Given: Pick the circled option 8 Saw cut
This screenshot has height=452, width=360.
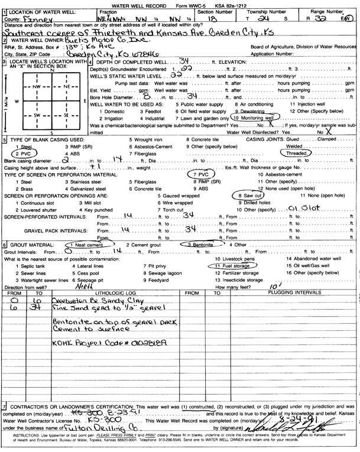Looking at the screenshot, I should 248,194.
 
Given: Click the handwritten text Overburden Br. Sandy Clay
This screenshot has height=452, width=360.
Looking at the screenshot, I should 95,301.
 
